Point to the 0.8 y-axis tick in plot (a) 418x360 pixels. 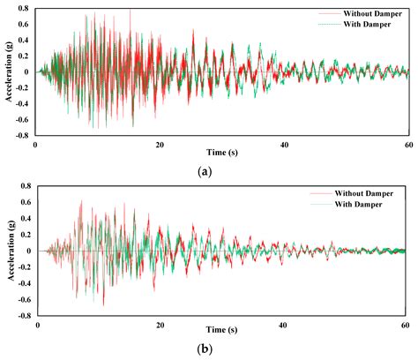click(24, 9)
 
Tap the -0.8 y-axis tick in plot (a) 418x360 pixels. click(22, 136)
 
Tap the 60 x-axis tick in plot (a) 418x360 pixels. click(406, 144)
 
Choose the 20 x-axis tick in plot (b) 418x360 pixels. click(160, 324)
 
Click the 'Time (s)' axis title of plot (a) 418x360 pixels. click(219, 154)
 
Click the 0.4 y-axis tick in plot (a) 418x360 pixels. click(24, 41)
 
